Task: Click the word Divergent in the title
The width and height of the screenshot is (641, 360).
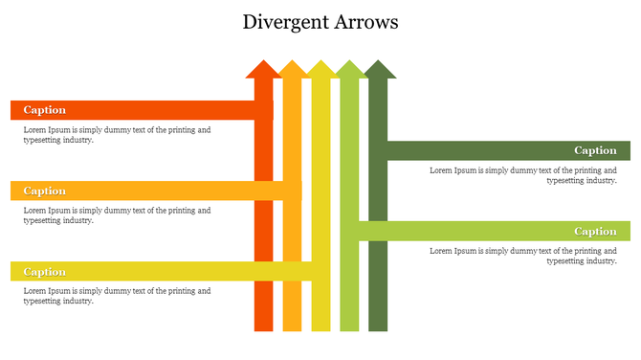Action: click(x=284, y=21)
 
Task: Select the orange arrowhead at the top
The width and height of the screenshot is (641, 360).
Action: click(x=292, y=70)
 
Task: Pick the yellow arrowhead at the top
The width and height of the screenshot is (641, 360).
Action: click(x=320, y=70)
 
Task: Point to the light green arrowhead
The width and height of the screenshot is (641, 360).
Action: click(x=349, y=70)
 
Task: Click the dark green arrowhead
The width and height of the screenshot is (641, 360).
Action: click(x=379, y=70)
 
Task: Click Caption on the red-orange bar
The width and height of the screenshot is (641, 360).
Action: click(x=44, y=110)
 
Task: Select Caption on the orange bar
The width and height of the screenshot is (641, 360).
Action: click(x=44, y=191)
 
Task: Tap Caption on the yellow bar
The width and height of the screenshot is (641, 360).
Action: click(x=44, y=272)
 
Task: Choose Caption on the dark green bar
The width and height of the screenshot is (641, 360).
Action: click(x=595, y=150)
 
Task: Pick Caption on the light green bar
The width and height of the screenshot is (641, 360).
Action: click(x=595, y=232)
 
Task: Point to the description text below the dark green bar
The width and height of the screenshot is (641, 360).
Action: click(x=522, y=175)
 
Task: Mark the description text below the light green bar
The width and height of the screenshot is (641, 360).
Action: click(x=522, y=256)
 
